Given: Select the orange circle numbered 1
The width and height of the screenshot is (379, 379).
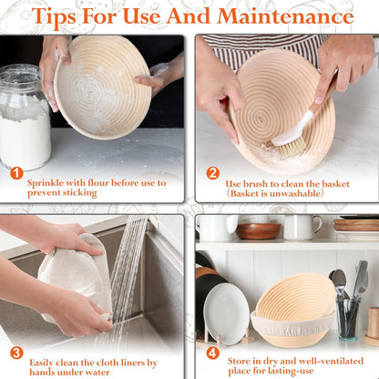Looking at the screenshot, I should pos(15,173).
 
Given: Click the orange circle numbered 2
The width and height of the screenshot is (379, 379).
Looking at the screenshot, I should pos(212,173).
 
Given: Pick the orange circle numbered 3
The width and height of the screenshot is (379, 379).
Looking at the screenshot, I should pos(15,353).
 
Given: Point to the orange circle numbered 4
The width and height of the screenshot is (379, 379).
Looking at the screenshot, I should pos(212,353).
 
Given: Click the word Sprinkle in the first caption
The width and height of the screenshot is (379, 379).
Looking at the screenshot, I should pos(50,182).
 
